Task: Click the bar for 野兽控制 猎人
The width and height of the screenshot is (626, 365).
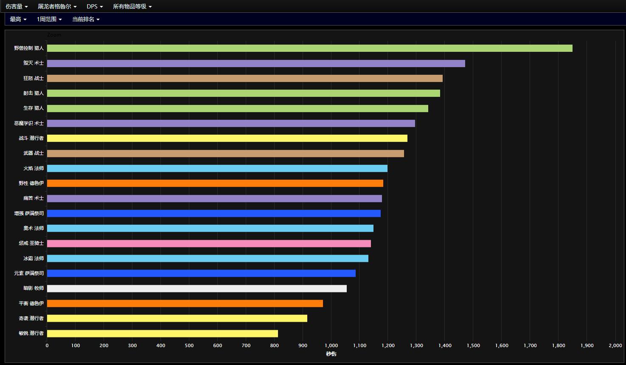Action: [x=309, y=48]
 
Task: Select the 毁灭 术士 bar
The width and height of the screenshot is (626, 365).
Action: [x=256, y=63]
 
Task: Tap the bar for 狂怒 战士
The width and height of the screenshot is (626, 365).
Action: [x=244, y=78]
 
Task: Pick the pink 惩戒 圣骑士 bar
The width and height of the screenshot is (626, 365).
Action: [x=209, y=243]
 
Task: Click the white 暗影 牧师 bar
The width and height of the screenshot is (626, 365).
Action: [x=197, y=289]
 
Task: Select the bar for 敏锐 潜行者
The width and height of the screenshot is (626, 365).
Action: [x=162, y=334]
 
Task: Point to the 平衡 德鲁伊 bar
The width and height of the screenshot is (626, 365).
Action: [x=185, y=303]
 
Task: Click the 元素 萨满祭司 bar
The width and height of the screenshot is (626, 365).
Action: [x=201, y=273]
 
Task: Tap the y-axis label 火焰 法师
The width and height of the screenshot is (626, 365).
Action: [x=34, y=168]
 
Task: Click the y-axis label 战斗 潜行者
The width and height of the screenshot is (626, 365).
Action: [x=31, y=138]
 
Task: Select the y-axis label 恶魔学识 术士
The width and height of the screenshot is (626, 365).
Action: [x=29, y=123]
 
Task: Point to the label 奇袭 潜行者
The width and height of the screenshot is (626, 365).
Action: [x=31, y=318]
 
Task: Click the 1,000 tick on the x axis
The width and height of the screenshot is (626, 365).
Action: [x=331, y=345]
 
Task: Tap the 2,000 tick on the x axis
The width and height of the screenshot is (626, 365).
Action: [x=615, y=345]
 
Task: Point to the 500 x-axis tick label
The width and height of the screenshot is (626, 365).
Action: [x=189, y=345]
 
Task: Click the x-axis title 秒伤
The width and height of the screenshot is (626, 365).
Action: [x=331, y=354]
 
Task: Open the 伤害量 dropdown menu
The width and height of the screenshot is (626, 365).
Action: [x=17, y=6]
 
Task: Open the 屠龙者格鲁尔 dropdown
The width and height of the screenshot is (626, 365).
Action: [x=57, y=6]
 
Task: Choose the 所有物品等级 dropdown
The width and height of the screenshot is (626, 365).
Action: [x=132, y=6]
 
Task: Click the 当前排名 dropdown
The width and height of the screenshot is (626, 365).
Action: [x=86, y=19]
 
